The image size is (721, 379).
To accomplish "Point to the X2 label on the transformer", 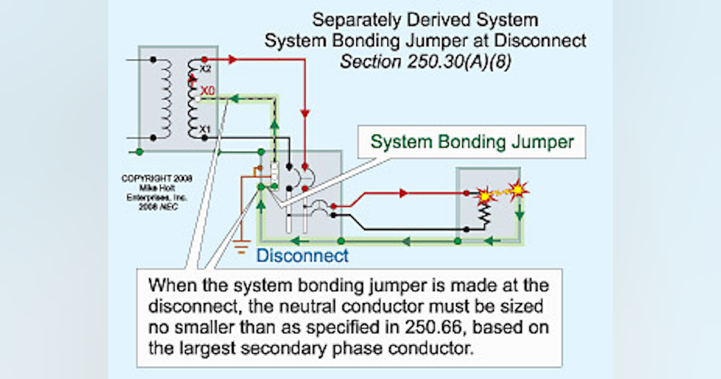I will click(x=205, y=69).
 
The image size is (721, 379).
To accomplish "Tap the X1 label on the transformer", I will click(x=205, y=129).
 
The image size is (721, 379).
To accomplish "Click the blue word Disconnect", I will click(x=302, y=256).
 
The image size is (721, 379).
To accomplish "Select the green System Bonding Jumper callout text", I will click(x=472, y=142).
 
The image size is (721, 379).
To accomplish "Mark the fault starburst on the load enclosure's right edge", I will click(x=518, y=189).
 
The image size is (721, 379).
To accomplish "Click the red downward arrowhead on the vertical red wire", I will click(x=305, y=113).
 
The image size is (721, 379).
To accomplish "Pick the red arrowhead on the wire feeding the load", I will click(x=404, y=193).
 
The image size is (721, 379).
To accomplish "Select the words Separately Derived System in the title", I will click(x=425, y=20).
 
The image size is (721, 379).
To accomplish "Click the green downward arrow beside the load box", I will click(x=520, y=214).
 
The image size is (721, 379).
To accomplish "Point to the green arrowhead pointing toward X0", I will click(x=236, y=96).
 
